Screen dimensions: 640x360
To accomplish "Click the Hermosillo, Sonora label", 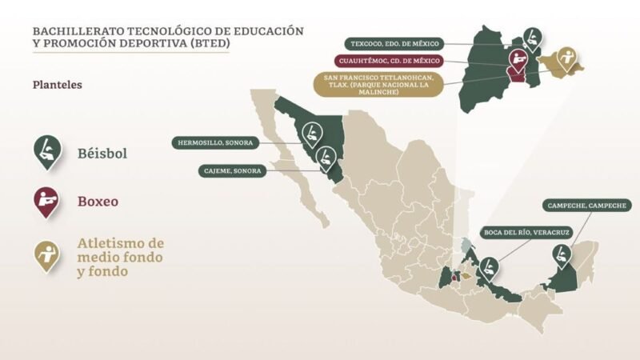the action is (x=214, y=143).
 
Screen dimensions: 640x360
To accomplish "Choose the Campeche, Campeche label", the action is (x=586, y=206).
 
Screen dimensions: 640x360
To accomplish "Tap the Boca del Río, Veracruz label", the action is (x=520, y=233).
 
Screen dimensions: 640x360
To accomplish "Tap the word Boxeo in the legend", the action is (x=98, y=202).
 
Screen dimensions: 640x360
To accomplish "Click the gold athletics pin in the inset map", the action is (x=570, y=59).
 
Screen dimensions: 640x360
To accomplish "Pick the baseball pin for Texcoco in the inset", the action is (x=532, y=36).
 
